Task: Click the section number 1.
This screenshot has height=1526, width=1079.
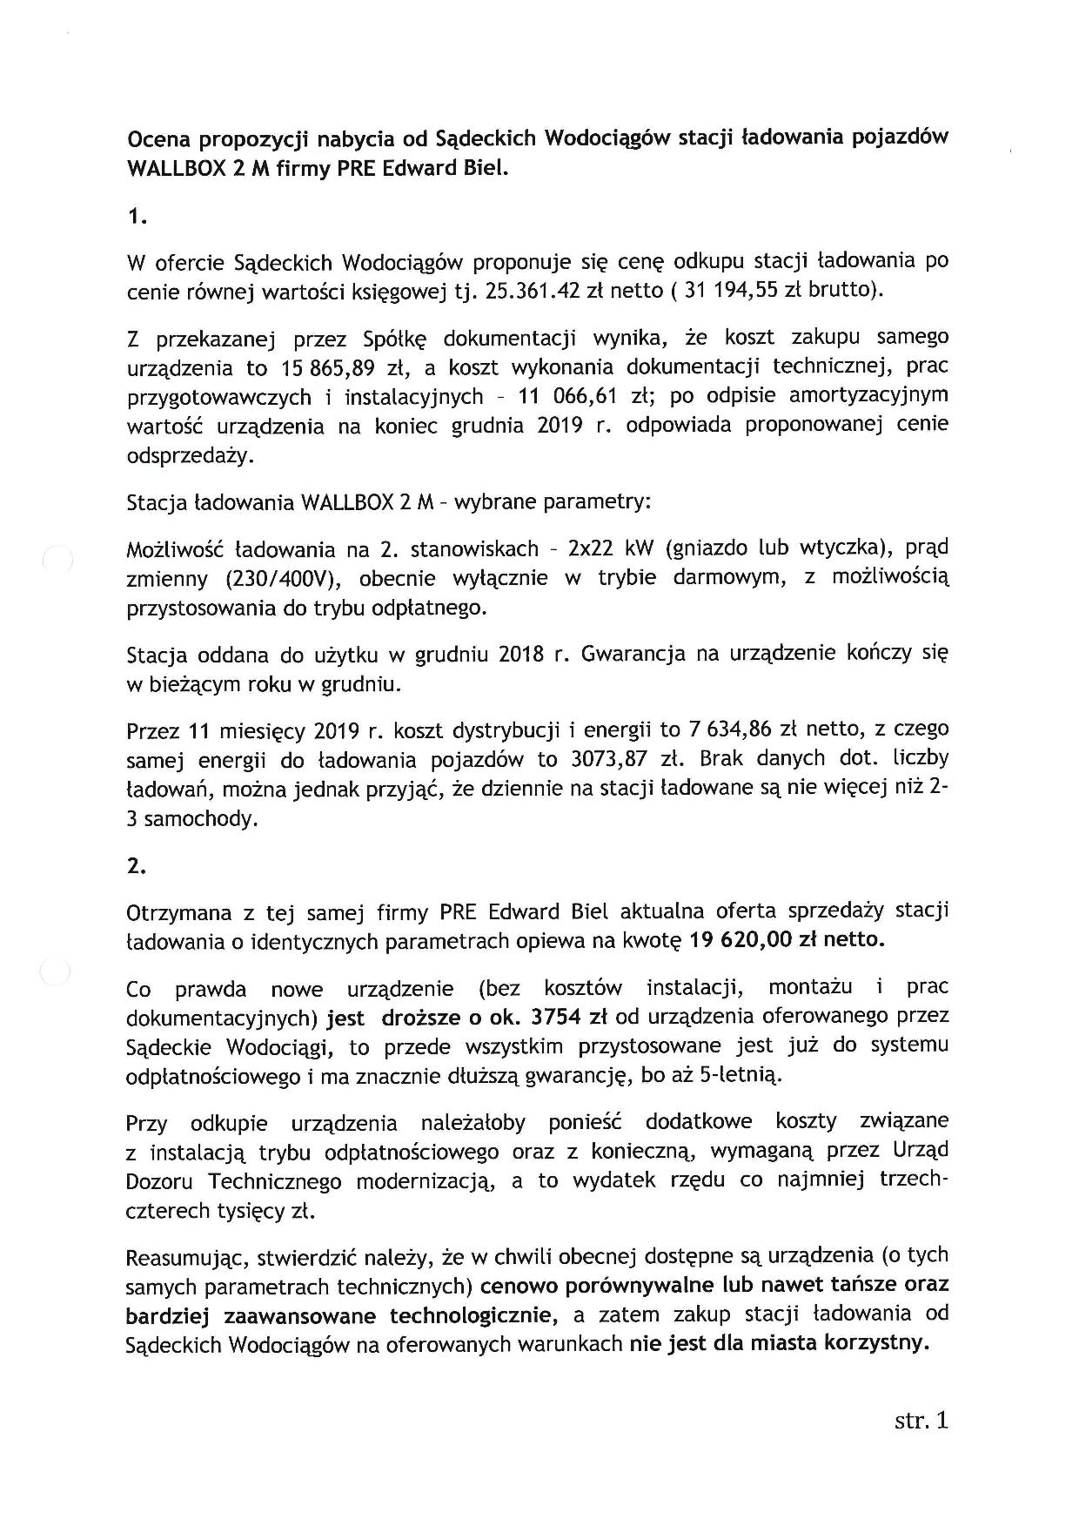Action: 136,218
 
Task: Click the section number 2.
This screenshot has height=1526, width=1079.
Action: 136,865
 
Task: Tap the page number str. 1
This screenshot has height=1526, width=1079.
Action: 921,1422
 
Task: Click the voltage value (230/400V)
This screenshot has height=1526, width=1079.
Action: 283,579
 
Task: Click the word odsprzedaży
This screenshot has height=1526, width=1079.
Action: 184,456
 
